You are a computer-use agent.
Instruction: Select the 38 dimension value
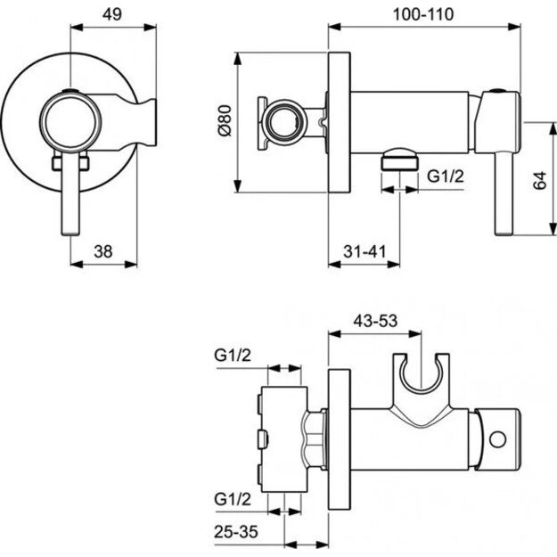(102, 252)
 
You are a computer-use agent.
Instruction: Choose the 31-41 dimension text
(365, 252)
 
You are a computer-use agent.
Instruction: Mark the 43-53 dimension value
(374, 318)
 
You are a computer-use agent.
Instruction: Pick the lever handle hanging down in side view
(505, 192)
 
